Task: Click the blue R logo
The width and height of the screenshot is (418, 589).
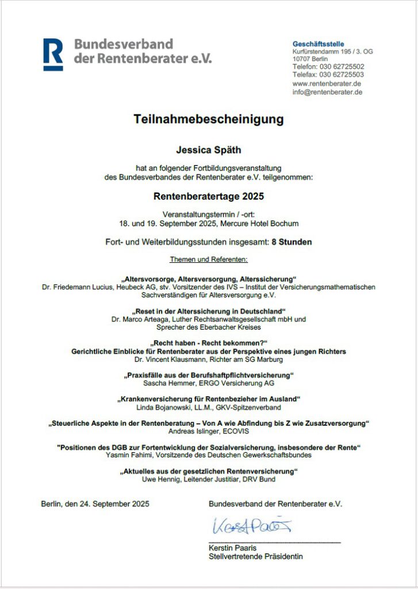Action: [x=53, y=54]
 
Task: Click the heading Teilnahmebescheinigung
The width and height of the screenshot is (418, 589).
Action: [x=209, y=120]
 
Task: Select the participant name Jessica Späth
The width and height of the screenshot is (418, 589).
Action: [x=209, y=150]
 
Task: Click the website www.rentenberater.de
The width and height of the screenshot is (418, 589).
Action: [x=327, y=83]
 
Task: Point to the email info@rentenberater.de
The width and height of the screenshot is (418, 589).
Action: [x=327, y=92]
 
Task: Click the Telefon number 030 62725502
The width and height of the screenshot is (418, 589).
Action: [x=342, y=67]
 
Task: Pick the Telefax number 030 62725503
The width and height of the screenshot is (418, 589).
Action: [x=342, y=75]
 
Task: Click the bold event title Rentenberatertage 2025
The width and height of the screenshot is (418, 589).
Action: [x=209, y=196]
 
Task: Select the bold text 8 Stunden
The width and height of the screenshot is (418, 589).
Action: [x=292, y=242]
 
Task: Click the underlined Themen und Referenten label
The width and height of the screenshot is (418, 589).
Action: [x=209, y=259]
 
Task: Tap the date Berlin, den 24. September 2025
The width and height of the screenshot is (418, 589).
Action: [x=95, y=504]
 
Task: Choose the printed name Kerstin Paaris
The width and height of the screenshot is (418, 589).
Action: [x=232, y=548]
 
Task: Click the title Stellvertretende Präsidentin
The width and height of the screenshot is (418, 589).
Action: [x=255, y=556]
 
